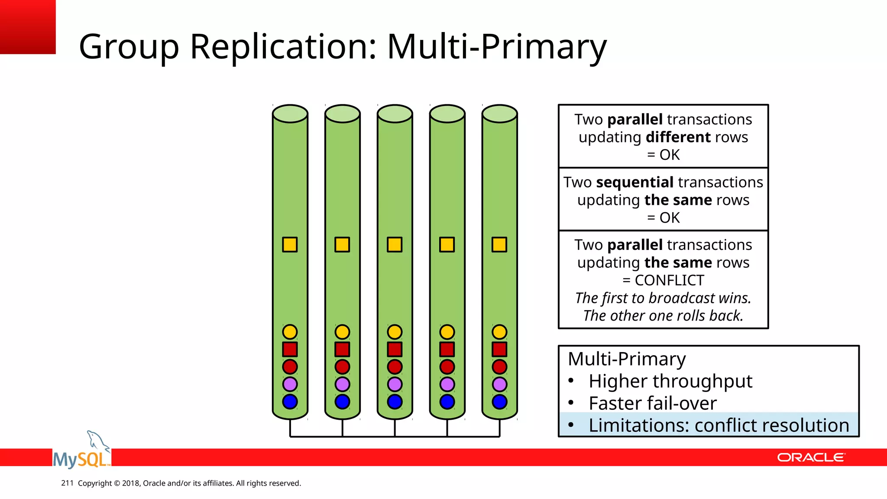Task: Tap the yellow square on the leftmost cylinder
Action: pyautogui.click(x=290, y=245)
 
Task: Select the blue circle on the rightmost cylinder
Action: pyautogui.click(x=499, y=402)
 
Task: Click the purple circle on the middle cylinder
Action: pyautogui.click(x=395, y=384)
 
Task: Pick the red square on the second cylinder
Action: pyautogui.click(x=342, y=349)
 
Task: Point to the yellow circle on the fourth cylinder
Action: pyautogui.click(x=447, y=332)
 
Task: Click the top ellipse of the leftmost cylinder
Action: pyautogui.click(x=290, y=114)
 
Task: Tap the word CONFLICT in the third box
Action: pyautogui.click(x=669, y=281)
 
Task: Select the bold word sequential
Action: pyautogui.click(x=634, y=182)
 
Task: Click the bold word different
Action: pyautogui.click(x=678, y=137)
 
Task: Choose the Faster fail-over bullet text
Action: pyautogui.click(x=652, y=403)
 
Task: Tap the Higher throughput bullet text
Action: pyautogui.click(x=670, y=381)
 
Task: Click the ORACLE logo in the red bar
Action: pyautogui.click(x=811, y=457)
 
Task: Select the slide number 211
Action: pyautogui.click(x=67, y=483)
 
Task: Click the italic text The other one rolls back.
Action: pyautogui.click(x=663, y=316)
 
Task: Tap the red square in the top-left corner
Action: pyautogui.click(x=28, y=27)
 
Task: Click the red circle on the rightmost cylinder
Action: pyautogui.click(x=499, y=367)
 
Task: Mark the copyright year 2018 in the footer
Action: pyautogui.click(x=130, y=483)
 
